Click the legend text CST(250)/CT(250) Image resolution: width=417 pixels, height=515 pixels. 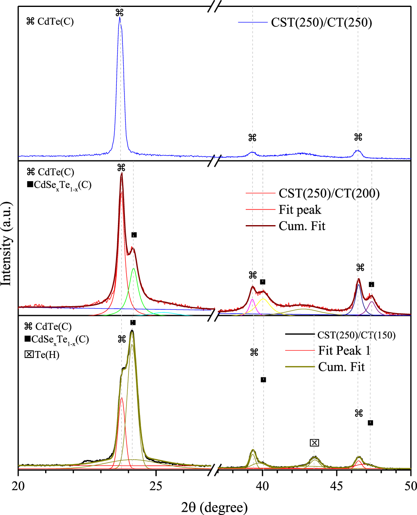point(321,22)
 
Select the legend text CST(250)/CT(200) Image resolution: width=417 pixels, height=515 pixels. point(329,193)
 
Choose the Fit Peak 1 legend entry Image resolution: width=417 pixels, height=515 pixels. point(344,351)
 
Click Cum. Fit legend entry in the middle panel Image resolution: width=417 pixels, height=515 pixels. point(302,226)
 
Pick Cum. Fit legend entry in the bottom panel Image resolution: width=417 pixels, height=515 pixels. point(341,367)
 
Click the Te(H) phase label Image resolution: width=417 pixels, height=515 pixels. point(47,355)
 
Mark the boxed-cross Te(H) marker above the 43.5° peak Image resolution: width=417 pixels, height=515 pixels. point(314,443)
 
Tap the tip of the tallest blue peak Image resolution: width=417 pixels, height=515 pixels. point(120,18)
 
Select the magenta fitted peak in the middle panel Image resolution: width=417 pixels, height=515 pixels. point(252,300)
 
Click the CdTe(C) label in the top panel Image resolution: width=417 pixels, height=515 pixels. point(55,22)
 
